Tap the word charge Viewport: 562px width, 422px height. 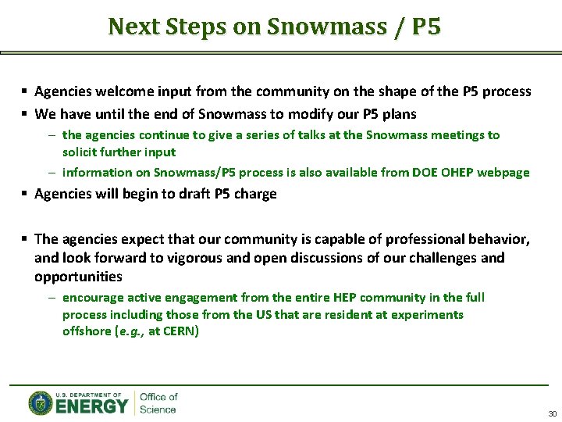pos(257,194)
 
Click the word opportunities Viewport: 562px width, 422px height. pos(78,276)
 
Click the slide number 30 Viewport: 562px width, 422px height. pos(552,413)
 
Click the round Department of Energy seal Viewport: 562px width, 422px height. pos(41,403)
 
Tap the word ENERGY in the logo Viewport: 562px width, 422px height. pos(91,406)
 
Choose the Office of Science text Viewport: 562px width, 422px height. pos(158,403)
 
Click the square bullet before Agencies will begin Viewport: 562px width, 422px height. pos(26,194)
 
